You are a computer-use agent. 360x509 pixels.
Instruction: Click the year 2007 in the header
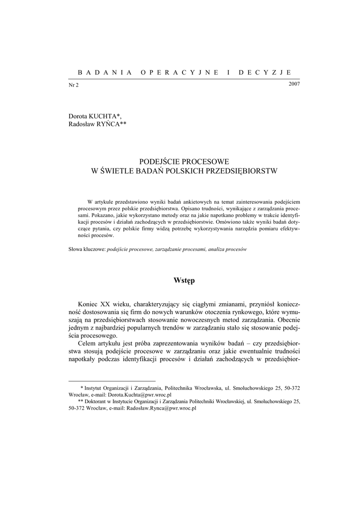[294, 84]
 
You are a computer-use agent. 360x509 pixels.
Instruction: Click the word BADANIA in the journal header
[99, 72]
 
